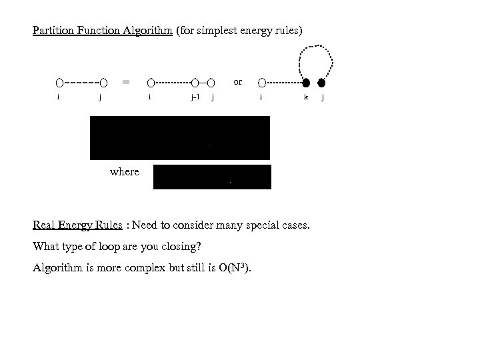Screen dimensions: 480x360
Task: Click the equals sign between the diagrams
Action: (x=125, y=82)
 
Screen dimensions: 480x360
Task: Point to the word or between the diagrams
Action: (x=238, y=82)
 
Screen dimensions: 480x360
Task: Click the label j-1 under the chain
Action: (x=195, y=97)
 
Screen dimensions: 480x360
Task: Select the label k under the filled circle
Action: (x=305, y=97)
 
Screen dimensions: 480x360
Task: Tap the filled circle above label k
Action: (x=306, y=83)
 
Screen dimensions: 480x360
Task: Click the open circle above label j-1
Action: (x=195, y=83)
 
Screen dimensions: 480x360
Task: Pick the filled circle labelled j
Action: (x=321, y=83)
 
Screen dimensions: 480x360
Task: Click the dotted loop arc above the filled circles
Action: (x=313, y=48)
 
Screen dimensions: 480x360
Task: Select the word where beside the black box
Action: (x=125, y=172)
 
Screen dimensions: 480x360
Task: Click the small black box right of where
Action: (x=212, y=177)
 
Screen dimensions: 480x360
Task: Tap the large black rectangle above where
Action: (x=180, y=137)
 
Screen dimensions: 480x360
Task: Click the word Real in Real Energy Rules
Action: (x=45, y=225)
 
